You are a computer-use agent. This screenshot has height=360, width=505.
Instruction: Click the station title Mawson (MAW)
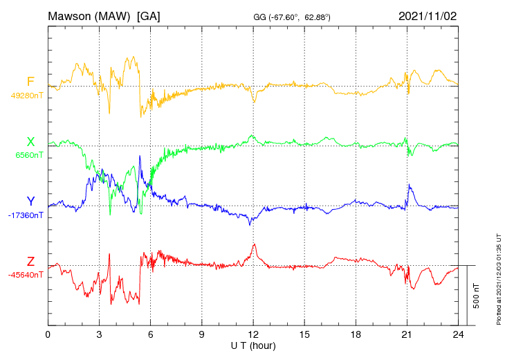(x=90, y=16)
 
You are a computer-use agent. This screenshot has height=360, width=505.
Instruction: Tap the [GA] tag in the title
(x=149, y=16)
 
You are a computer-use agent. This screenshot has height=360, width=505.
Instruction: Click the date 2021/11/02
(x=428, y=16)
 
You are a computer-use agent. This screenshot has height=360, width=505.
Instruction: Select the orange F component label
(x=30, y=82)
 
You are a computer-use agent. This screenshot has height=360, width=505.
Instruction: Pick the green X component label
(x=30, y=142)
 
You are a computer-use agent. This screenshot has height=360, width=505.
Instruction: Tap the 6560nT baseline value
(x=29, y=155)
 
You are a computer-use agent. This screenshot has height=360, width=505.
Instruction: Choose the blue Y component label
(x=30, y=201)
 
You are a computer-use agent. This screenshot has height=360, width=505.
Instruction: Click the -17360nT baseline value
(x=26, y=215)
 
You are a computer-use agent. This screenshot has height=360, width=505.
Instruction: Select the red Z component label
(x=30, y=262)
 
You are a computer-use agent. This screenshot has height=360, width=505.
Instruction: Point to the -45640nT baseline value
(x=26, y=275)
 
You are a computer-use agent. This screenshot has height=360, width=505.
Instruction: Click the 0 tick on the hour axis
(x=48, y=335)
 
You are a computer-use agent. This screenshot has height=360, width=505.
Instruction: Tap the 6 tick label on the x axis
(x=151, y=335)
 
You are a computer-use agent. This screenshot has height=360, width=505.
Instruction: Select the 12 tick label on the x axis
(x=253, y=335)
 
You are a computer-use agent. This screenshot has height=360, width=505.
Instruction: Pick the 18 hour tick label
(x=356, y=335)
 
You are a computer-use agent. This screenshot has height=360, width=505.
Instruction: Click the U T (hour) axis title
(x=253, y=345)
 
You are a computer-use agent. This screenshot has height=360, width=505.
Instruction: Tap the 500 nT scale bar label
(x=477, y=296)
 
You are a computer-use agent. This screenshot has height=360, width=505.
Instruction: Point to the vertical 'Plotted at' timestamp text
(x=499, y=277)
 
